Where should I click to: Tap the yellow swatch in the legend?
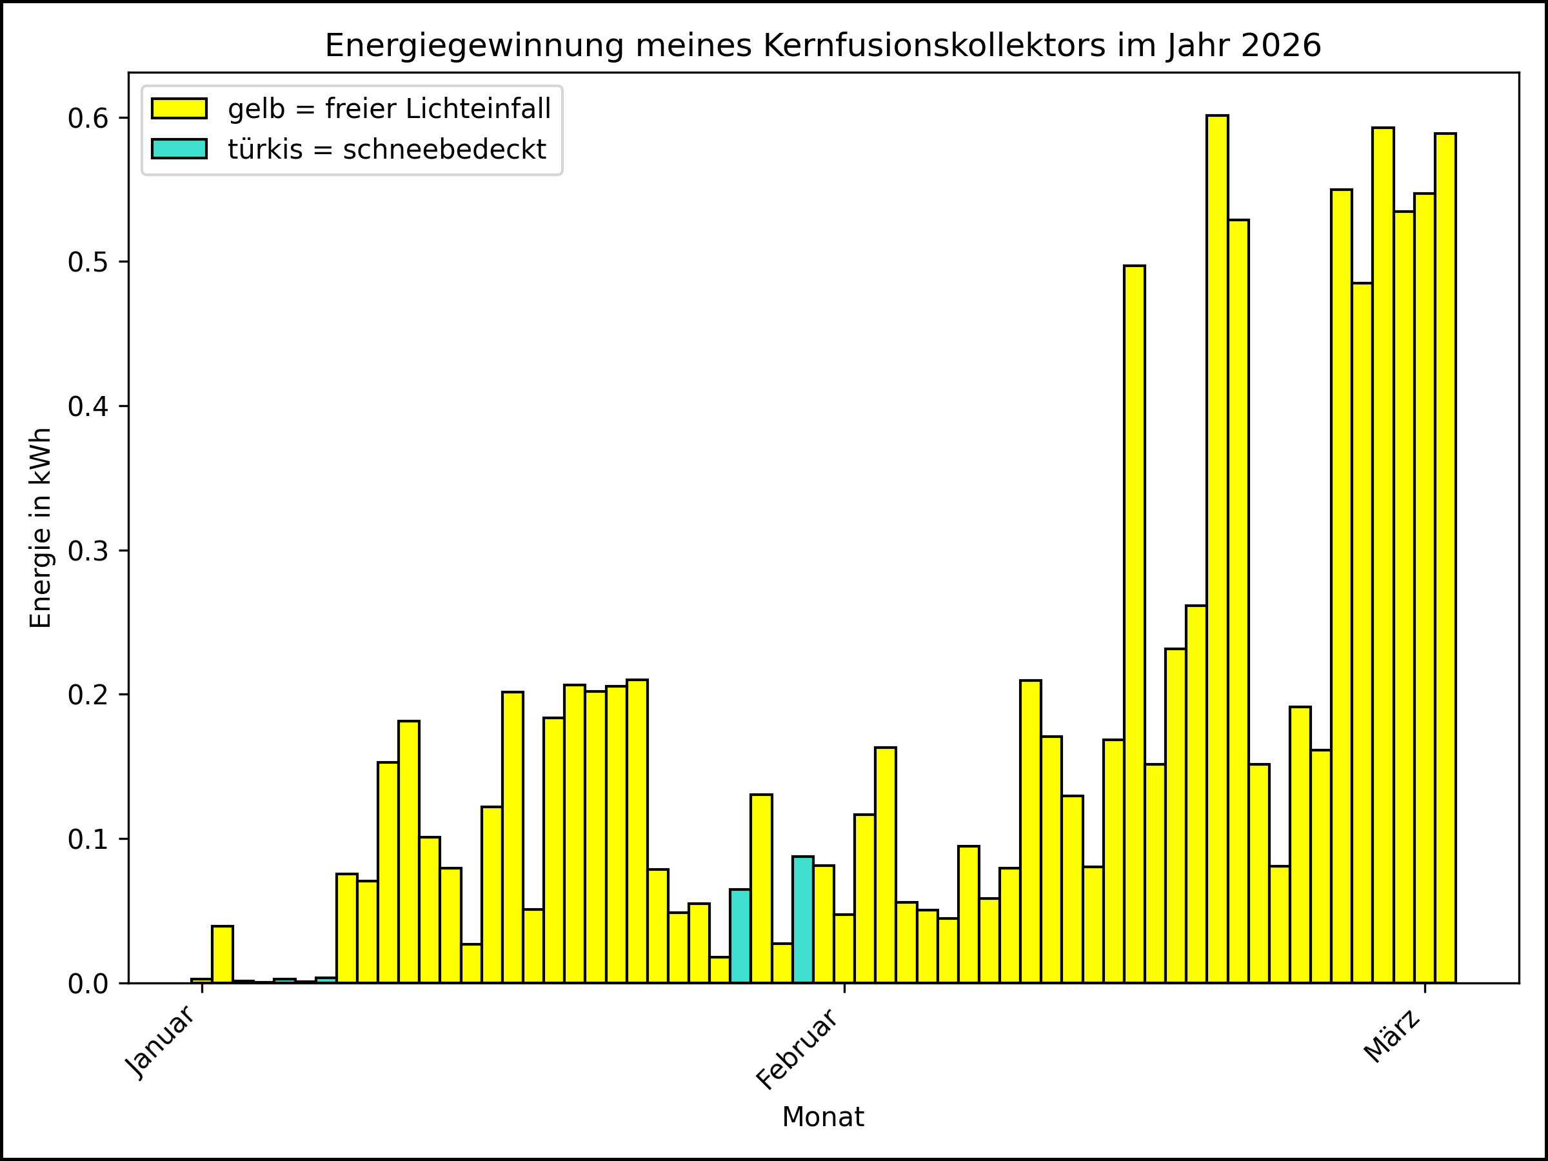(179, 108)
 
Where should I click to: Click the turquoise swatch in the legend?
(179, 149)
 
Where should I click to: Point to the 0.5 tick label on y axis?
(88, 263)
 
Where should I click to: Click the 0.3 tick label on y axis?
(88, 551)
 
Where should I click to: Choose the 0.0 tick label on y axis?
(88, 984)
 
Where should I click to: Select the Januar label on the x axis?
(160, 1043)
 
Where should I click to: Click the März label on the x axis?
(1393, 1037)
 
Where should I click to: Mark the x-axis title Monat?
(823, 1117)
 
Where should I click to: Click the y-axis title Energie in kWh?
(41, 528)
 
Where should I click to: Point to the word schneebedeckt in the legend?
(444, 150)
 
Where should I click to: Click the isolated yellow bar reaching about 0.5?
(1135, 623)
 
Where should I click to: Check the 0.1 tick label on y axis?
(88, 840)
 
